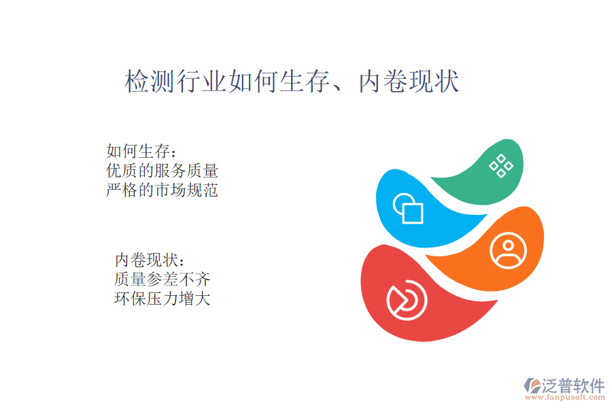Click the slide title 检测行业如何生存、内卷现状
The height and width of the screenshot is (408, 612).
(x=292, y=81)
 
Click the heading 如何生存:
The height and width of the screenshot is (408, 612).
(x=141, y=151)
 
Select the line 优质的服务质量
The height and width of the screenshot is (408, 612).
(x=162, y=171)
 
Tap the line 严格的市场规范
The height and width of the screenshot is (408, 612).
(x=162, y=190)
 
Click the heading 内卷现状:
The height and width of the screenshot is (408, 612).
(x=150, y=260)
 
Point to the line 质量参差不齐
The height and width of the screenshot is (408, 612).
(x=162, y=279)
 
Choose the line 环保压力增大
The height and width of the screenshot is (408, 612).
(x=162, y=299)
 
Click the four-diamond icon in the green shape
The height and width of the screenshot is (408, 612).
(x=501, y=166)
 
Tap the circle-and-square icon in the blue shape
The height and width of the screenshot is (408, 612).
(x=408, y=208)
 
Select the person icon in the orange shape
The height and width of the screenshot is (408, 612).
(x=508, y=251)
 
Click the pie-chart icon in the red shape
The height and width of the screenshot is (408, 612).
(x=407, y=300)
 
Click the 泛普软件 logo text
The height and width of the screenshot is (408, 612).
(x=573, y=386)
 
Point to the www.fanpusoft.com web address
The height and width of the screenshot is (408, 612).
(x=565, y=397)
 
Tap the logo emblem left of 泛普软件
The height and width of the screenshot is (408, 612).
(x=532, y=386)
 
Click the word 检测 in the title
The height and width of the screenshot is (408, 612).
(x=150, y=81)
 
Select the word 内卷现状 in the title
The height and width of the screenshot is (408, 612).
(x=409, y=81)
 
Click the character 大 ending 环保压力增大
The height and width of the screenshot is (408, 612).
(x=203, y=299)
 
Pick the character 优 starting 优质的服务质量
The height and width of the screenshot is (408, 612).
(x=114, y=171)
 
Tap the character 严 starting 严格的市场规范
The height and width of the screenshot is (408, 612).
(x=114, y=190)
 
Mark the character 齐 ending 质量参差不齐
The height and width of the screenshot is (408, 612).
(x=203, y=279)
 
